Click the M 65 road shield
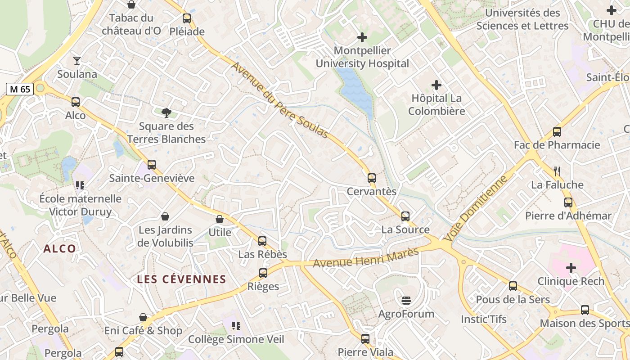tap(20, 89)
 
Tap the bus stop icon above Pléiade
tap(187, 18)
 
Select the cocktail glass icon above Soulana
tap(77, 60)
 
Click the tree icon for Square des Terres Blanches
tap(166, 112)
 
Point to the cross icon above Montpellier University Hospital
tap(362, 37)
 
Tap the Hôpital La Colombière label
tap(436, 104)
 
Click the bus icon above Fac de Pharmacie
tap(557, 132)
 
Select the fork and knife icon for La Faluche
tap(557, 171)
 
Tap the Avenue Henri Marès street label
tap(366, 258)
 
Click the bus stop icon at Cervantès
tap(372, 178)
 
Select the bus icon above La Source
tap(405, 216)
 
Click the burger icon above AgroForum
tap(406, 300)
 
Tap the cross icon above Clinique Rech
tap(571, 268)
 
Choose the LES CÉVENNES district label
tap(181, 279)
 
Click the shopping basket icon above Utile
tap(220, 219)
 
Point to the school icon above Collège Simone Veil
tap(236, 325)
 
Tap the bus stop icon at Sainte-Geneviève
tap(152, 165)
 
